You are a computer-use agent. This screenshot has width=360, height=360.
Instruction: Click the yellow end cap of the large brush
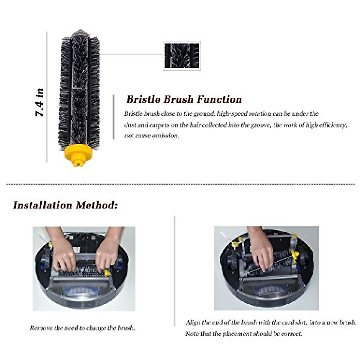(x=79, y=153)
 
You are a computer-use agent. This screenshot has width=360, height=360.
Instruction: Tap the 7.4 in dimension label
(x=40, y=103)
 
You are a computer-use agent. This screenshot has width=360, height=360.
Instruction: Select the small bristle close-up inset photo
(x=182, y=56)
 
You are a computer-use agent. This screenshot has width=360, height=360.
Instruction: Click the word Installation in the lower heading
(x=43, y=205)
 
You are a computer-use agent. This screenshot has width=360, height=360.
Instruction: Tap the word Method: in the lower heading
(x=97, y=205)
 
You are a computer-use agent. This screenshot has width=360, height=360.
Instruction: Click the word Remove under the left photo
(x=41, y=328)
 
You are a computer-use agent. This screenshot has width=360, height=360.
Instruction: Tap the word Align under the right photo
(x=193, y=323)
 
